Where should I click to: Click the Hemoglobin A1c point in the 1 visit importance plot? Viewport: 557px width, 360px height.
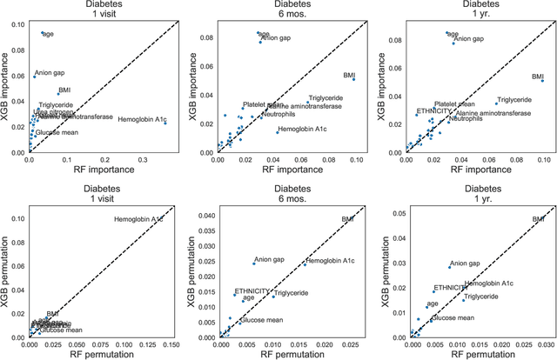[165, 123]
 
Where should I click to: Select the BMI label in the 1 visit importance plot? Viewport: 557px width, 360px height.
[64, 90]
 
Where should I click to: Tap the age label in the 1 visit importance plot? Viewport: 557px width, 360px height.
[50, 34]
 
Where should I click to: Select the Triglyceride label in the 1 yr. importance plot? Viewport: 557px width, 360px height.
[513, 100]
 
